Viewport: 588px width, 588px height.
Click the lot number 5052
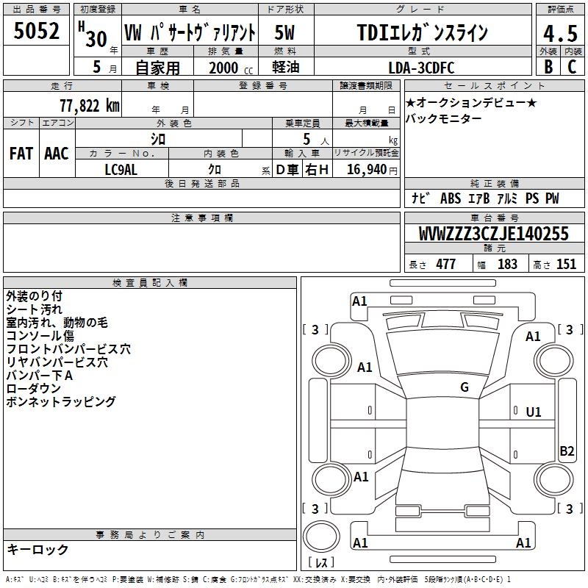coord(36,31)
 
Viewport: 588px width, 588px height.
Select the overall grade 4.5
coord(560,33)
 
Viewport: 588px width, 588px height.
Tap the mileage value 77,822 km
coord(90,106)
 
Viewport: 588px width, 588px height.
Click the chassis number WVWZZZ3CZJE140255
coord(494,234)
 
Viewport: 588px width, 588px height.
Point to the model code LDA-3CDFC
coord(421,68)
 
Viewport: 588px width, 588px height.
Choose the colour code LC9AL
coord(121,170)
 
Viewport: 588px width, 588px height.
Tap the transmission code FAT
coord(21,154)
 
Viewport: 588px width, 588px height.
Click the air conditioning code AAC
coord(57,154)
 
